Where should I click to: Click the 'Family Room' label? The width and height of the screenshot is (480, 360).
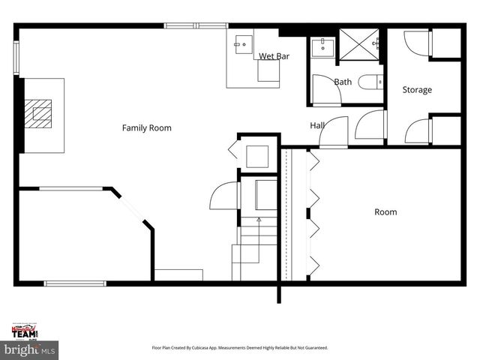coord(147,128)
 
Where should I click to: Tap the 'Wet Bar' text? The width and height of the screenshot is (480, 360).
coord(274,56)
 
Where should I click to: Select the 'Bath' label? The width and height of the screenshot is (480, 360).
coord(343,82)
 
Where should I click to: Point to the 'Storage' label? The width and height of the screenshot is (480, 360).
coord(417,90)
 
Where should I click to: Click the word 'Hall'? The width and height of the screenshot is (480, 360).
coord(317,125)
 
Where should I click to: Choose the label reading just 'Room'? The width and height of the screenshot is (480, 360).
coord(385,212)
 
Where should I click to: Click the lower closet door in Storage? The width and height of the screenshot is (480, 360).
coord(418,130)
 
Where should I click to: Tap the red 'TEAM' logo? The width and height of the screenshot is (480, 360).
coord(26,331)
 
